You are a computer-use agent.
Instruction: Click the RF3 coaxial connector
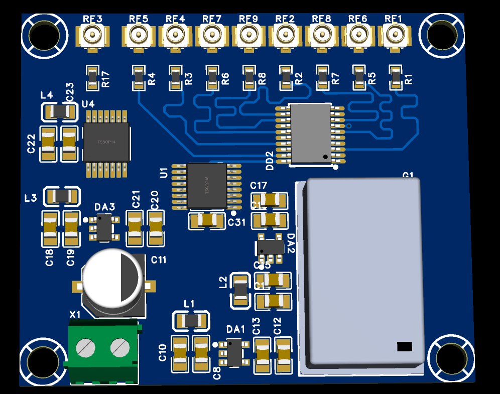coord(93,36)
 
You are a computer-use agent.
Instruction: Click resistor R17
coord(92,78)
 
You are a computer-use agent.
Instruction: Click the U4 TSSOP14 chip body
coord(106,142)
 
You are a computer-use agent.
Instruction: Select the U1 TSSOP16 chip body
coord(206,185)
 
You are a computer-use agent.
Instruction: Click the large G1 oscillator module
coord(364,271)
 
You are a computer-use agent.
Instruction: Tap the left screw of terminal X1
coord(85,347)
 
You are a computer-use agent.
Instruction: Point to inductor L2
coord(240,291)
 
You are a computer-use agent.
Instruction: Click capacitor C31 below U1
coord(207,220)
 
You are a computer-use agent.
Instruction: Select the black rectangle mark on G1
coord(404,346)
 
